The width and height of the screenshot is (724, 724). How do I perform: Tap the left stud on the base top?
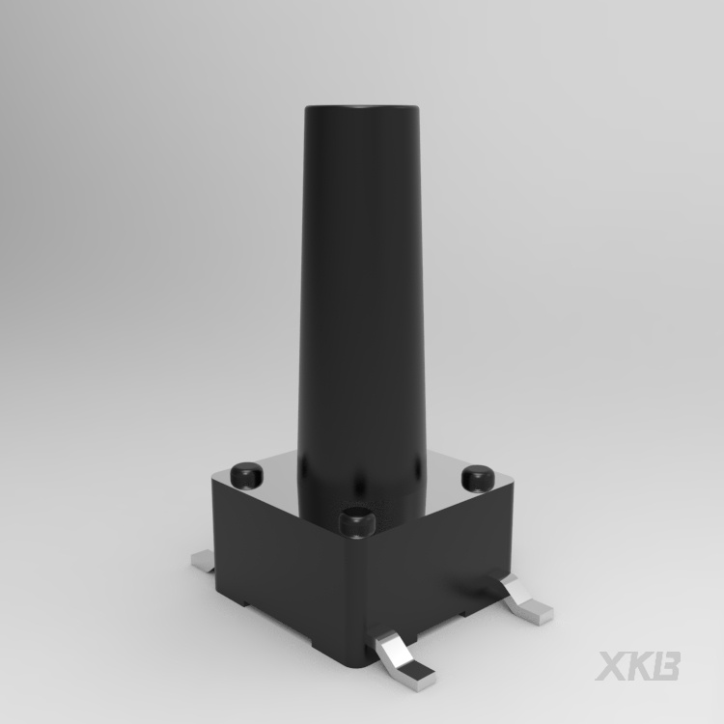(x=247, y=475)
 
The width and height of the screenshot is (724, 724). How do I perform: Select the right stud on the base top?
(x=478, y=478)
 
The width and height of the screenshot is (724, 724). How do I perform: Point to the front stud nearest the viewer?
(x=356, y=521)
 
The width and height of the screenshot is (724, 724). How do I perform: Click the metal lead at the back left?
(x=203, y=561)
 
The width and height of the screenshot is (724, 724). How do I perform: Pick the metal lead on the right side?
(x=526, y=599)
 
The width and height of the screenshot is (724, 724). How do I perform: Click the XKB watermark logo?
(x=638, y=666)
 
